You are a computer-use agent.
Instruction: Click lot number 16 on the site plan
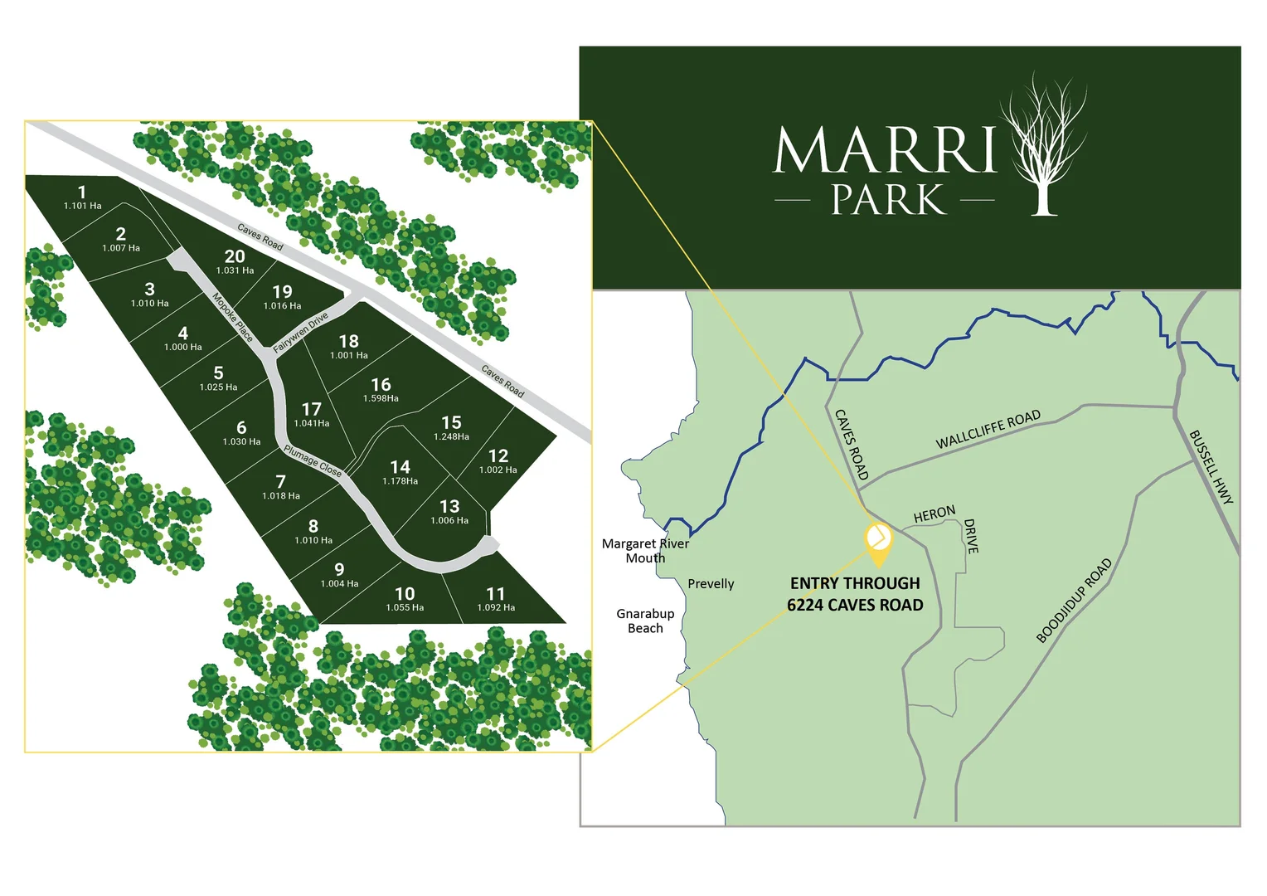pyautogui.click(x=381, y=384)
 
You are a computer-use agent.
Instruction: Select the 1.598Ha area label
pyautogui.click(x=381, y=399)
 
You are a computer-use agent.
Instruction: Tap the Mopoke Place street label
pyautogui.click(x=232, y=317)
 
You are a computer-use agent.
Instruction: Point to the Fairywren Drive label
pyautogui.click(x=300, y=333)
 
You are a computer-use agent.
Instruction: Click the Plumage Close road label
pyautogui.click(x=313, y=461)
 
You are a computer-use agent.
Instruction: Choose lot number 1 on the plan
pyautogui.click(x=82, y=192)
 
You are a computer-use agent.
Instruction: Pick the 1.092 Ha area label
pyautogui.click(x=496, y=608)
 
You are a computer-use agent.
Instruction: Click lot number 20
pyautogui.click(x=235, y=257)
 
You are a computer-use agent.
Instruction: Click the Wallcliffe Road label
pyautogui.click(x=988, y=430)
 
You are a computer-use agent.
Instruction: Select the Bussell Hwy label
pyautogui.click(x=1211, y=466)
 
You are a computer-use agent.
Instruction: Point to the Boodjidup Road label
pyautogui.click(x=1074, y=601)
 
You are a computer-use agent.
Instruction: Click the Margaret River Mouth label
pyautogui.click(x=645, y=551)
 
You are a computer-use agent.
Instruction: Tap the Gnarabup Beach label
pyautogui.click(x=645, y=621)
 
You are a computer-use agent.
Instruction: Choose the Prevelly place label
pyautogui.click(x=711, y=584)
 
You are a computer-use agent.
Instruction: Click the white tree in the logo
pyautogui.click(x=1042, y=145)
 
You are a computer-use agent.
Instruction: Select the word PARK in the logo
pyautogui.click(x=888, y=201)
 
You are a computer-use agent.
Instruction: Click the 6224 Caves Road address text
pyautogui.click(x=855, y=605)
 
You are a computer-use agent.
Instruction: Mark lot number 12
pyautogui.click(x=498, y=456)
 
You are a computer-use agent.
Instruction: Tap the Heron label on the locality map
pyautogui.click(x=934, y=515)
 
